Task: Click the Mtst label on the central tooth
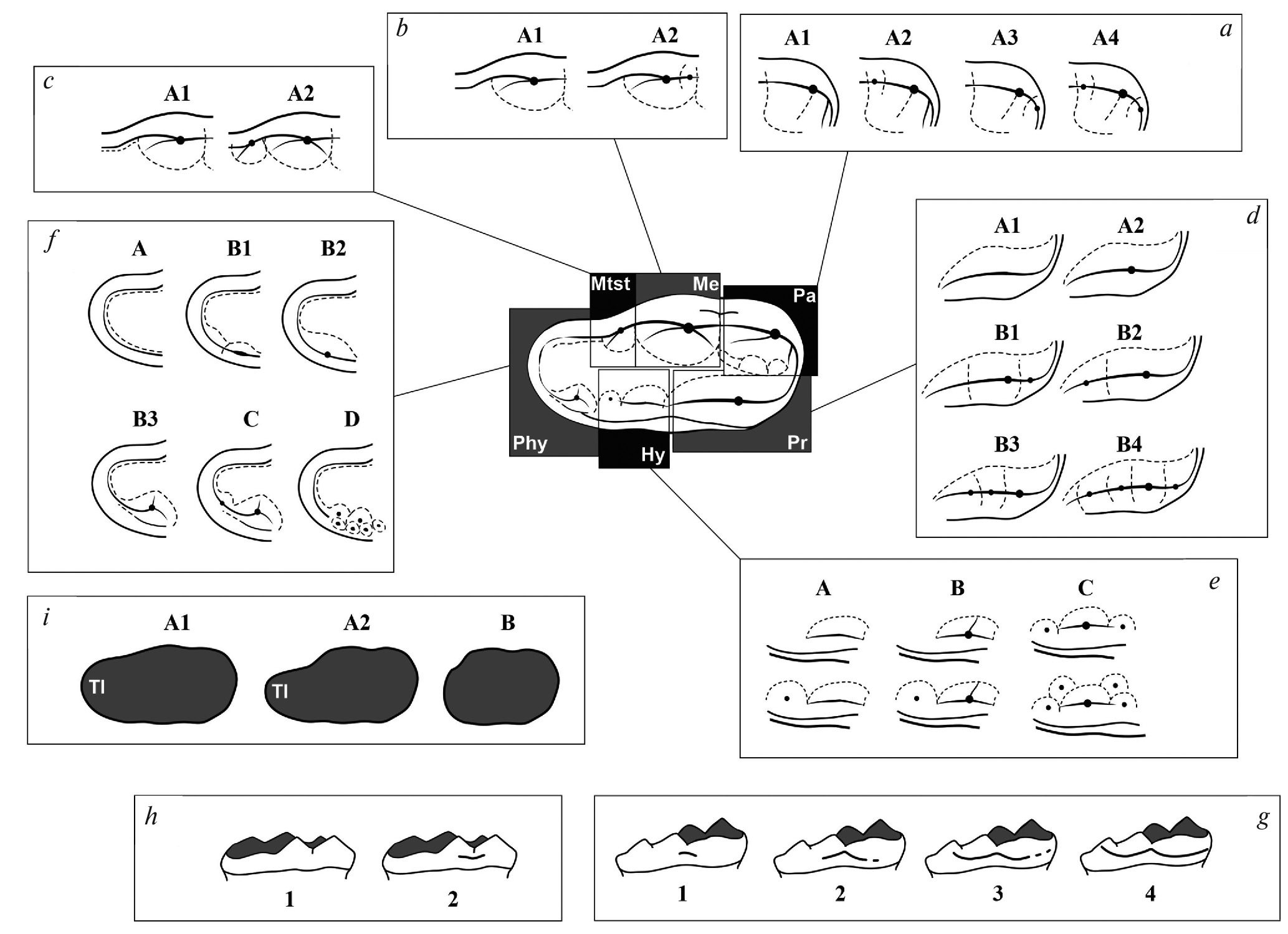tap(610, 284)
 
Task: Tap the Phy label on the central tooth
tap(530, 443)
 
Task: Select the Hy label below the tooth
tap(653, 455)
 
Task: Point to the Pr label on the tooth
tap(797, 442)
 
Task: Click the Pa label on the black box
tap(804, 295)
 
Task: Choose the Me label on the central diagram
tap(705, 284)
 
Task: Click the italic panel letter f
tap(48, 240)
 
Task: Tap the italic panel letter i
tap(45, 618)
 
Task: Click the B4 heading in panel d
tap(1129, 444)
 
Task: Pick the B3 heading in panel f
tap(145, 419)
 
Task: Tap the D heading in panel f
tap(351, 419)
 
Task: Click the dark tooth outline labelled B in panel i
tap(501, 687)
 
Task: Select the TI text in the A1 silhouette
tap(97, 687)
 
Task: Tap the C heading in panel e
tap(1085, 587)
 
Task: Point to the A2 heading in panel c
tap(300, 93)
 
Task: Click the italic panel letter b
tap(402, 29)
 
